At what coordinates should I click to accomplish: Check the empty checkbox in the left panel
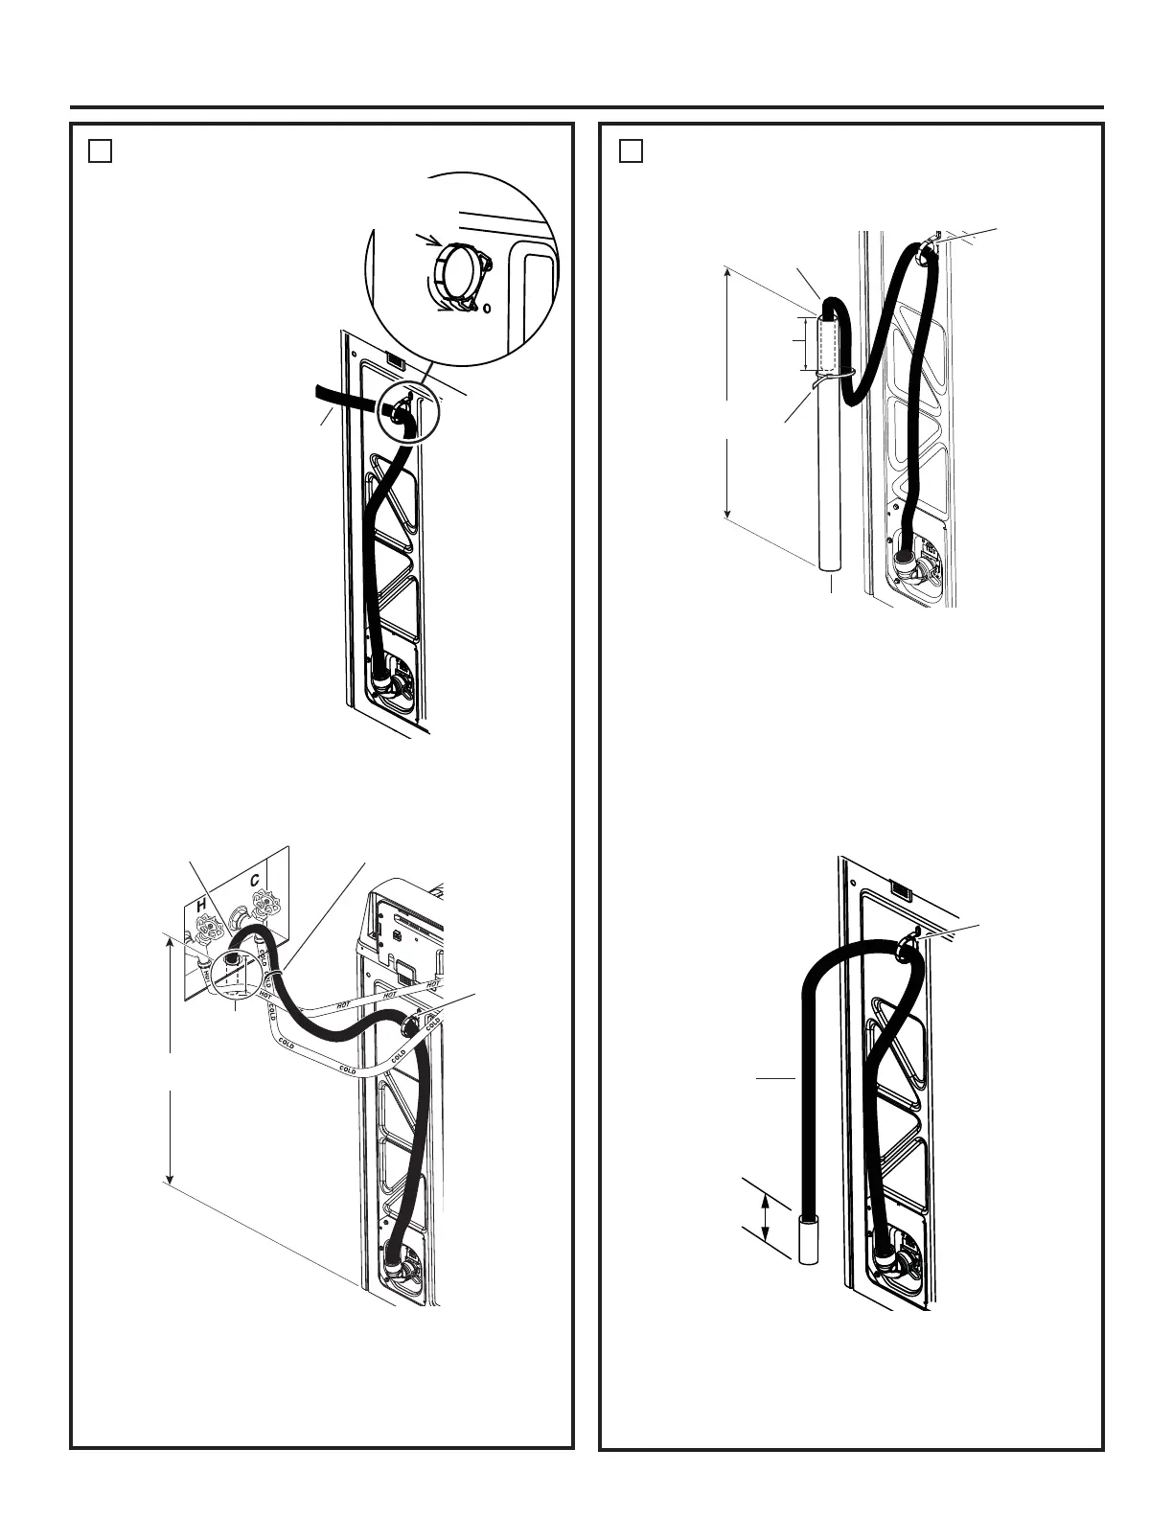tap(101, 151)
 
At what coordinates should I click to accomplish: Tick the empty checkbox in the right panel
tap(630, 151)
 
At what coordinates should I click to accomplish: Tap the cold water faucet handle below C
tap(261, 902)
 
